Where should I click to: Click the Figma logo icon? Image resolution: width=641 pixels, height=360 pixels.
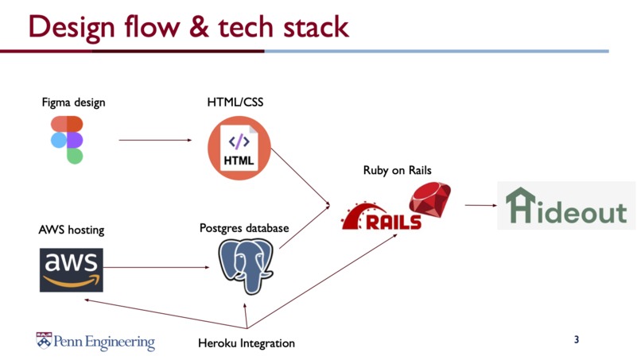pos(67,140)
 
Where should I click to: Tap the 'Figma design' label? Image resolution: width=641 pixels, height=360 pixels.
pos(73,103)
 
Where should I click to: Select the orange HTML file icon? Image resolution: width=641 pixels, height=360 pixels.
pos(239,148)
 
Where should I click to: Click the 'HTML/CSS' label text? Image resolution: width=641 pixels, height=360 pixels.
pos(235,103)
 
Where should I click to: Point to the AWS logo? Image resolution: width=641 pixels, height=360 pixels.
pos(71,270)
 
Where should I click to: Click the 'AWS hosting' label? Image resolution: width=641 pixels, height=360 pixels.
pos(72,230)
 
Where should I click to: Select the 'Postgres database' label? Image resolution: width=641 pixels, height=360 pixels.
pos(244,229)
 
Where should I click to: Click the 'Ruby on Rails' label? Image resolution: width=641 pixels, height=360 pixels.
pos(397,170)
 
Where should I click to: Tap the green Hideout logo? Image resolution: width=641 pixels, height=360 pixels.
pos(566,206)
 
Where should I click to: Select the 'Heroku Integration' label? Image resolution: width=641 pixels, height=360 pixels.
pos(247,343)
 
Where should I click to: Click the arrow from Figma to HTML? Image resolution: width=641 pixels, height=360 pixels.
pos(155,141)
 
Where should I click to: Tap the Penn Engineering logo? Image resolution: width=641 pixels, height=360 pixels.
pos(95,341)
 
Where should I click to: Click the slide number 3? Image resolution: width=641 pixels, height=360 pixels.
pos(577,340)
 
